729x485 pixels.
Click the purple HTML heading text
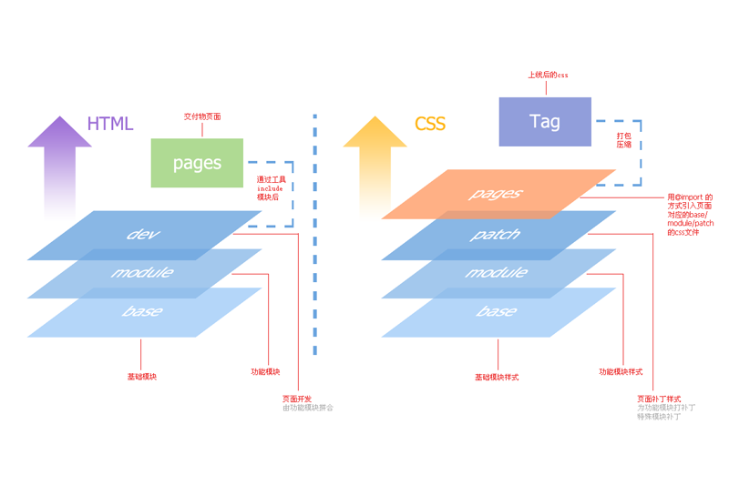coord(110,124)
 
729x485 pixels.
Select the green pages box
coord(197,163)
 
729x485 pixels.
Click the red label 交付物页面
coord(202,116)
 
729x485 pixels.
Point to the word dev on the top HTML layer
coord(143,234)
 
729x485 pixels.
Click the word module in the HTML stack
coord(142,273)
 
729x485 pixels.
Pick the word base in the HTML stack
coord(142,312)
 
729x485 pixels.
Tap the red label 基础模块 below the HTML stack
coord(141,376)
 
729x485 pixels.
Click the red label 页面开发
coord(297,399)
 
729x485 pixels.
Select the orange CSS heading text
coord(430,124)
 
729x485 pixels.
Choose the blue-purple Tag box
coord(545,121)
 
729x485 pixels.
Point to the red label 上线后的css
coord(548,76)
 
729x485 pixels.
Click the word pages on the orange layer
coord(496,194)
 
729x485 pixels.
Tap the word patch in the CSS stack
coord(496,235)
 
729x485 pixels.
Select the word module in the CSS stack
coord(496,273)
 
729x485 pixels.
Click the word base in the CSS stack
coord(496,312)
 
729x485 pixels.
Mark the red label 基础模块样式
coord(497,377)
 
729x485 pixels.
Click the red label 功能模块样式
coord(621,371)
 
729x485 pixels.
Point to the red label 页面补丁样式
coord(659,399)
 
